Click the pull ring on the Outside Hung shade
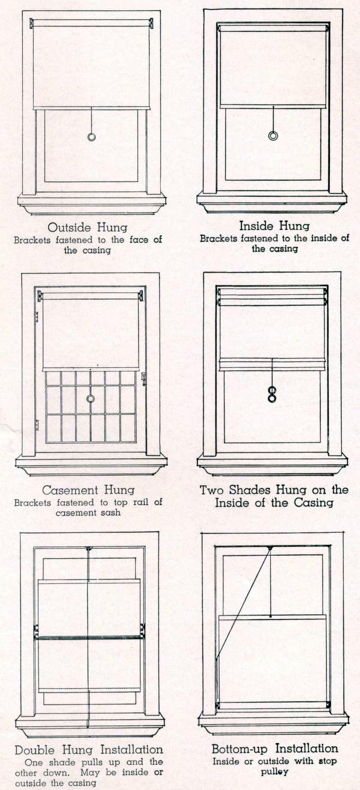click(x=92, y=137)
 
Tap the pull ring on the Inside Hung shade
click(x=273, y=136)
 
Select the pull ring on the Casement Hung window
click(x=90, y=399)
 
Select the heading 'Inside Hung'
click(x=275, y=226)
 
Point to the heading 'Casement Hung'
click(x=87, y=490)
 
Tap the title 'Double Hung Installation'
click(x=88, y=750)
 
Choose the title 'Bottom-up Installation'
click(x=275, y=748)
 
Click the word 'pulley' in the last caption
click(x=275, y=771)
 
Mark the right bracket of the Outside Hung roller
click(x=150, y=23)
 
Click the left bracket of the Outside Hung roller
click(x=32, y=23)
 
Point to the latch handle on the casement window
click(x=143, y=379)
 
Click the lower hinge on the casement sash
click(x=36, y=425)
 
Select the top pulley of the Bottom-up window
click(x=270, y=548)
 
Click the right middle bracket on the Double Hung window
click(x=143, y=630)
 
